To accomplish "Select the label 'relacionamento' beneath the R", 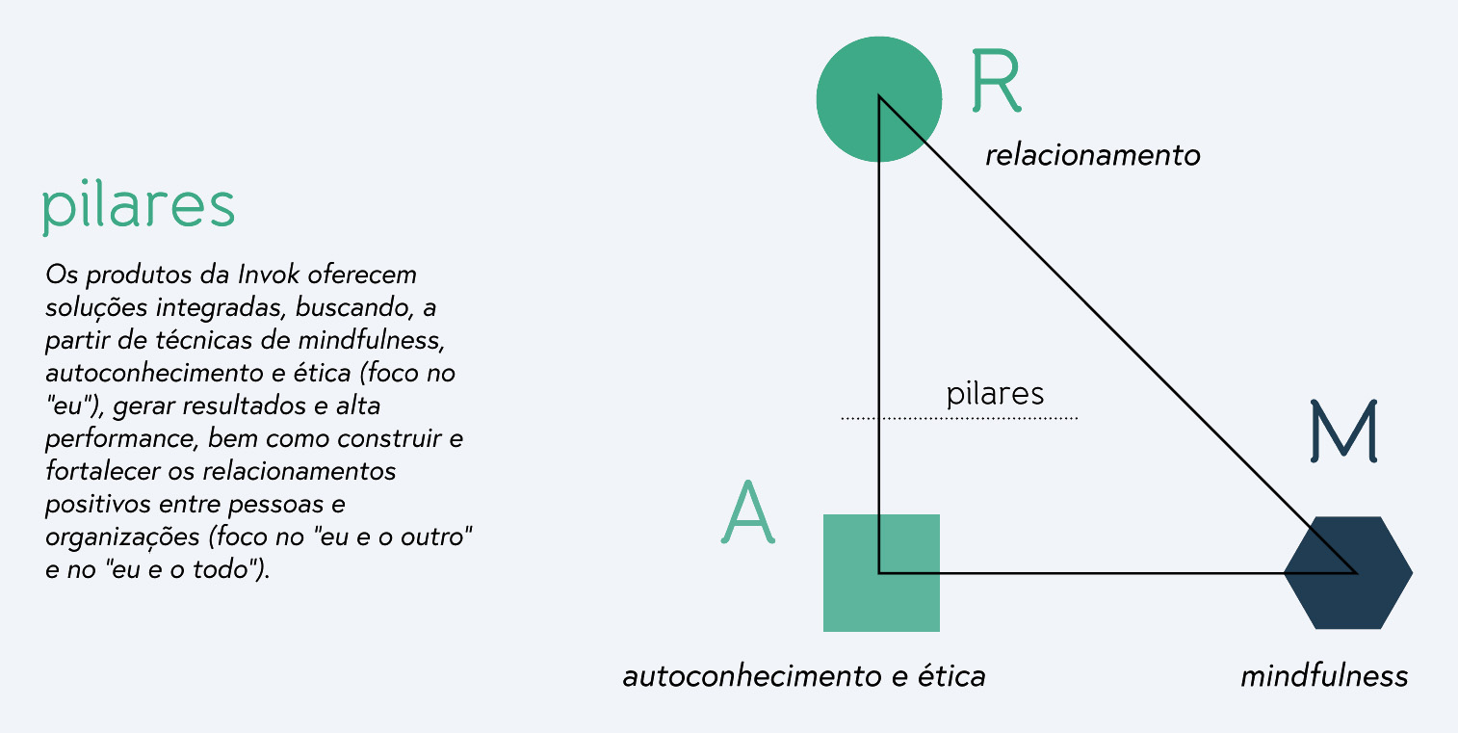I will coord(1092,155).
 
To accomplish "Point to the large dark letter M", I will coord(1344,430).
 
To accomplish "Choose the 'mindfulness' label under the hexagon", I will coord(1324,676).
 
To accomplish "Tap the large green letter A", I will coord(748,511).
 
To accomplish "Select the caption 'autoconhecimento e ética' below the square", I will coord(804,676).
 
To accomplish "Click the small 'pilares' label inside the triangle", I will coord(995,394).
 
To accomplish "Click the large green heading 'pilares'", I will coord(139,206).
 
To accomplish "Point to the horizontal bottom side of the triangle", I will coord(1107,573).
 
